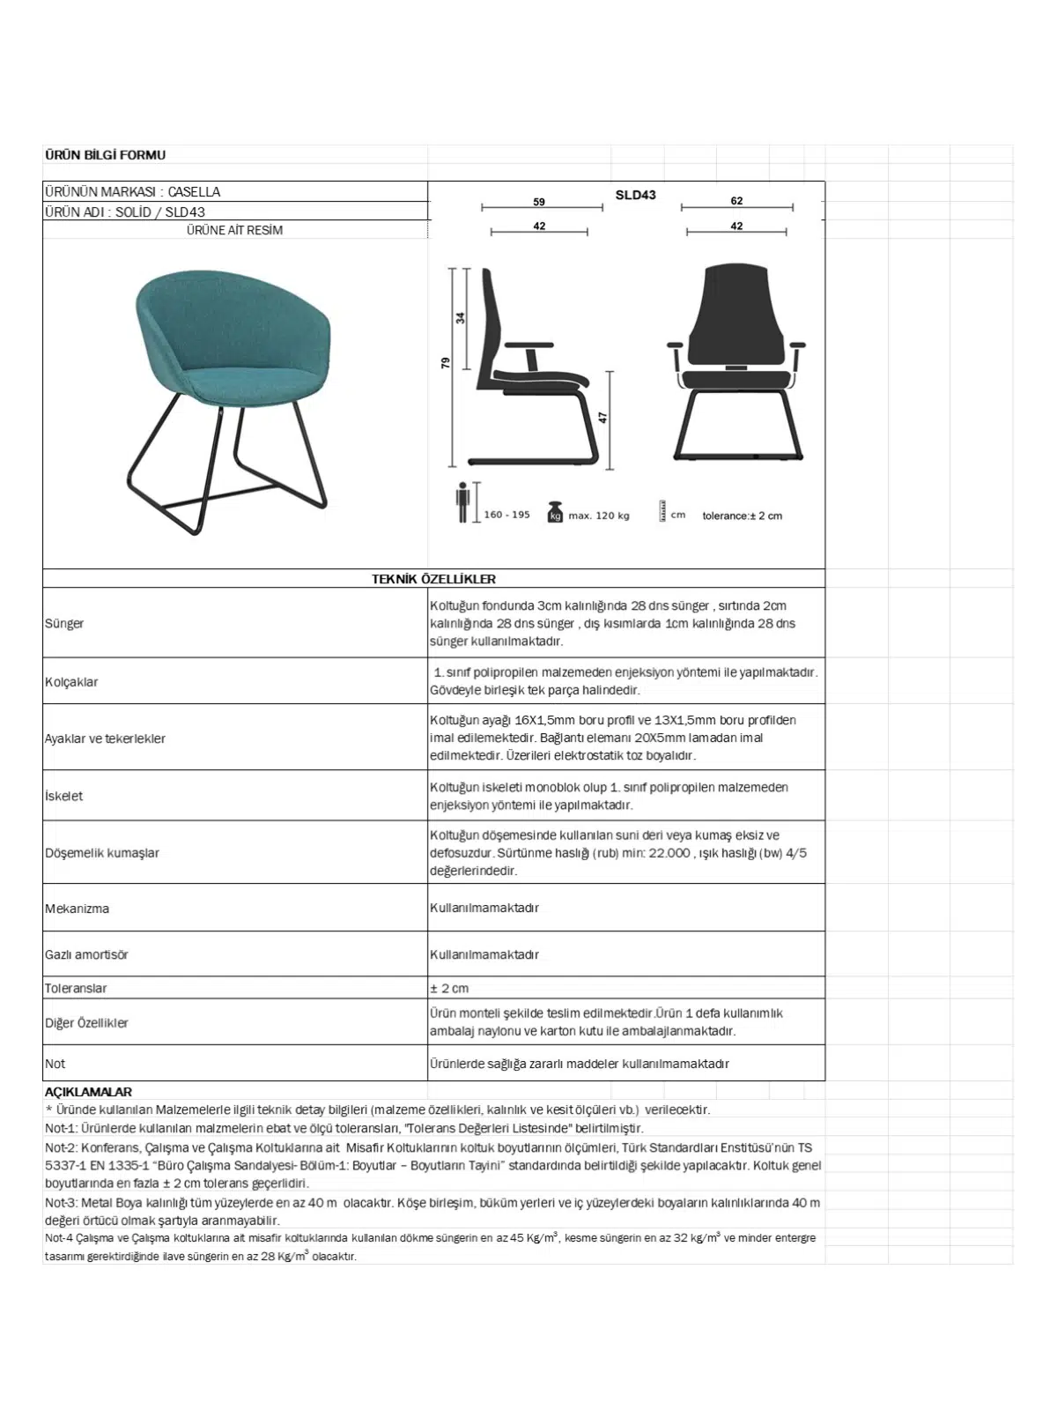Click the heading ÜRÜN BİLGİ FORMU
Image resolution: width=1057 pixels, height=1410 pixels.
click(x=105, y=155)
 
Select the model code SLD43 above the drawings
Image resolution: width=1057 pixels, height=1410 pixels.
click(x=635, y=195)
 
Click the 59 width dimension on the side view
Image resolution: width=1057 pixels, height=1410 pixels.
click(x=539, y=202)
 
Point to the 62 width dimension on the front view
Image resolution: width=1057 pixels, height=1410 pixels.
click(x=736, y=201)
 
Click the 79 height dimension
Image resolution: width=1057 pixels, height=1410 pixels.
click(x=446, y=362)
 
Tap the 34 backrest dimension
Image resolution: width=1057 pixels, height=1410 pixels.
click(x=461, y=317)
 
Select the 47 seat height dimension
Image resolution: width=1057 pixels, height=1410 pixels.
click(x=603, y=417)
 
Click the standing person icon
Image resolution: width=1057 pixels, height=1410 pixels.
click(x=463, y=502)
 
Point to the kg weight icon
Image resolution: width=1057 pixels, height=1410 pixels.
click(x=555, y=512)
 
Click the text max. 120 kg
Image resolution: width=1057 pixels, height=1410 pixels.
click(x=599, y=516)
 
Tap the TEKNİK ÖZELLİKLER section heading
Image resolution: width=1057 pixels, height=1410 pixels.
click(x=433, y=579)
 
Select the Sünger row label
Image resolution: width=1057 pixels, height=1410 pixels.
click(x=64, y=624)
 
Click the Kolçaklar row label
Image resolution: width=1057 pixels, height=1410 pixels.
click(x=71, y=682)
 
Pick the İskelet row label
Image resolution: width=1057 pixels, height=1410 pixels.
click(x=63, y=796)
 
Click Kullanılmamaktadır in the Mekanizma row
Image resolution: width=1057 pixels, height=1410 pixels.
click(x=484, y=908)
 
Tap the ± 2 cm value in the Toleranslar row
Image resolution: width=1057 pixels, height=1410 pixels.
click(x=449, y=988)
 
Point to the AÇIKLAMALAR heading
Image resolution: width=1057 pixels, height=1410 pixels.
click(x=88, y=1092)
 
